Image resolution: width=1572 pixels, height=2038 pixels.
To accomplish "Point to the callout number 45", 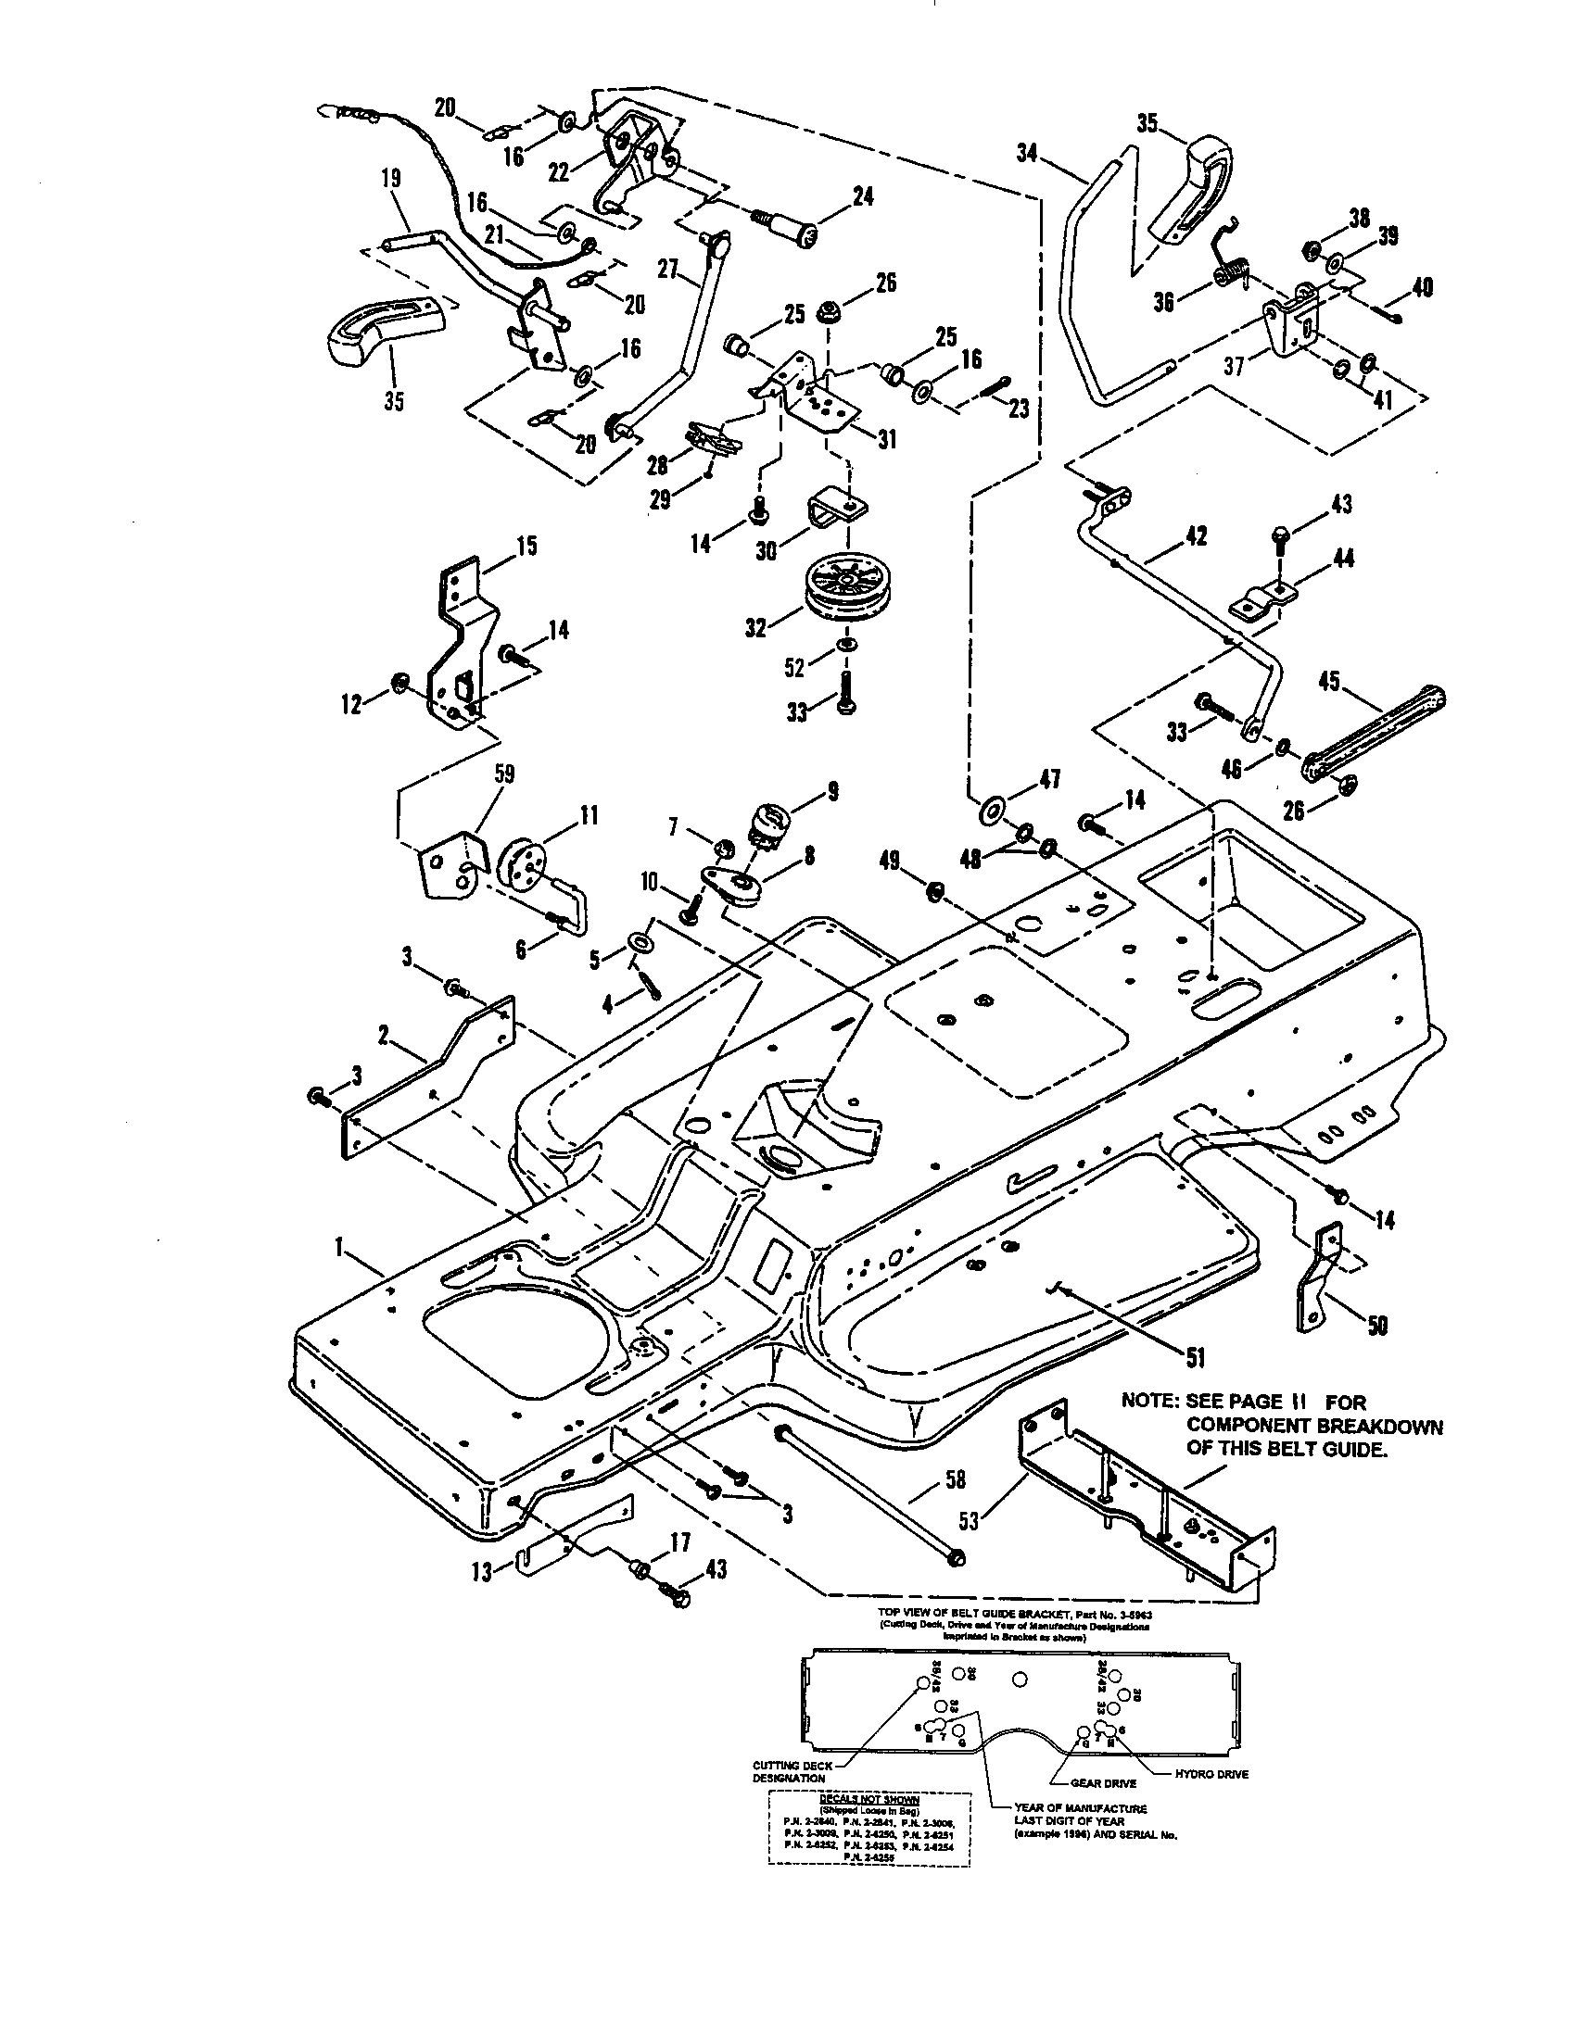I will tap(1328, 682).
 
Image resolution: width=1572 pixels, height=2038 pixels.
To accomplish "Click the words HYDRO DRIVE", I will tap(1214, 1774).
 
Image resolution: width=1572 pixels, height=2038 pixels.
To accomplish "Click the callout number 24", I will tap(862, 197).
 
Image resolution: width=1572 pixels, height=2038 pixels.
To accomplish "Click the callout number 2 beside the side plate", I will tap(383, 1033).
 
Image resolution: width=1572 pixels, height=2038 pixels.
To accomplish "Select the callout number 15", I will tap(526, 546).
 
